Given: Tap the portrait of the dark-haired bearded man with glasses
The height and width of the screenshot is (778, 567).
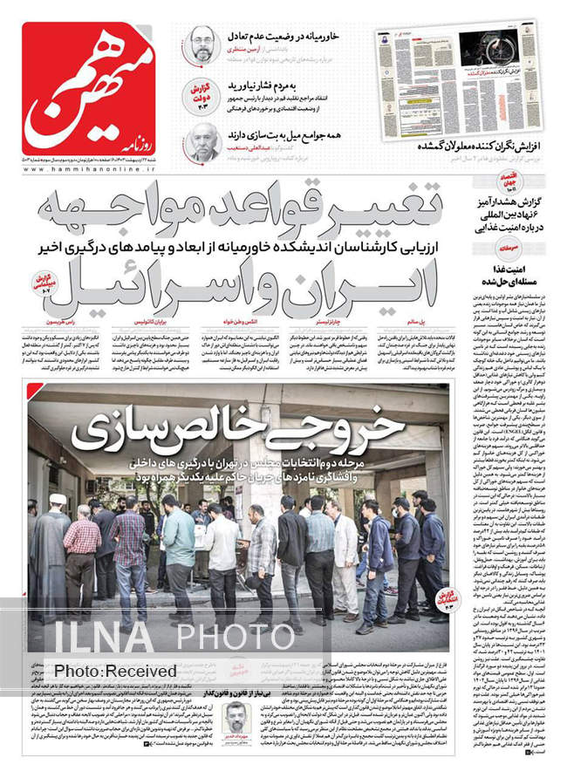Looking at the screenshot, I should pos(202,44).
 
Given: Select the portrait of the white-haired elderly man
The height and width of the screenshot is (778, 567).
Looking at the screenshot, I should pos(202,141).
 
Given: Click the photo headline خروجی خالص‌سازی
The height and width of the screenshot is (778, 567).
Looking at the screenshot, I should pos(237,427).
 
